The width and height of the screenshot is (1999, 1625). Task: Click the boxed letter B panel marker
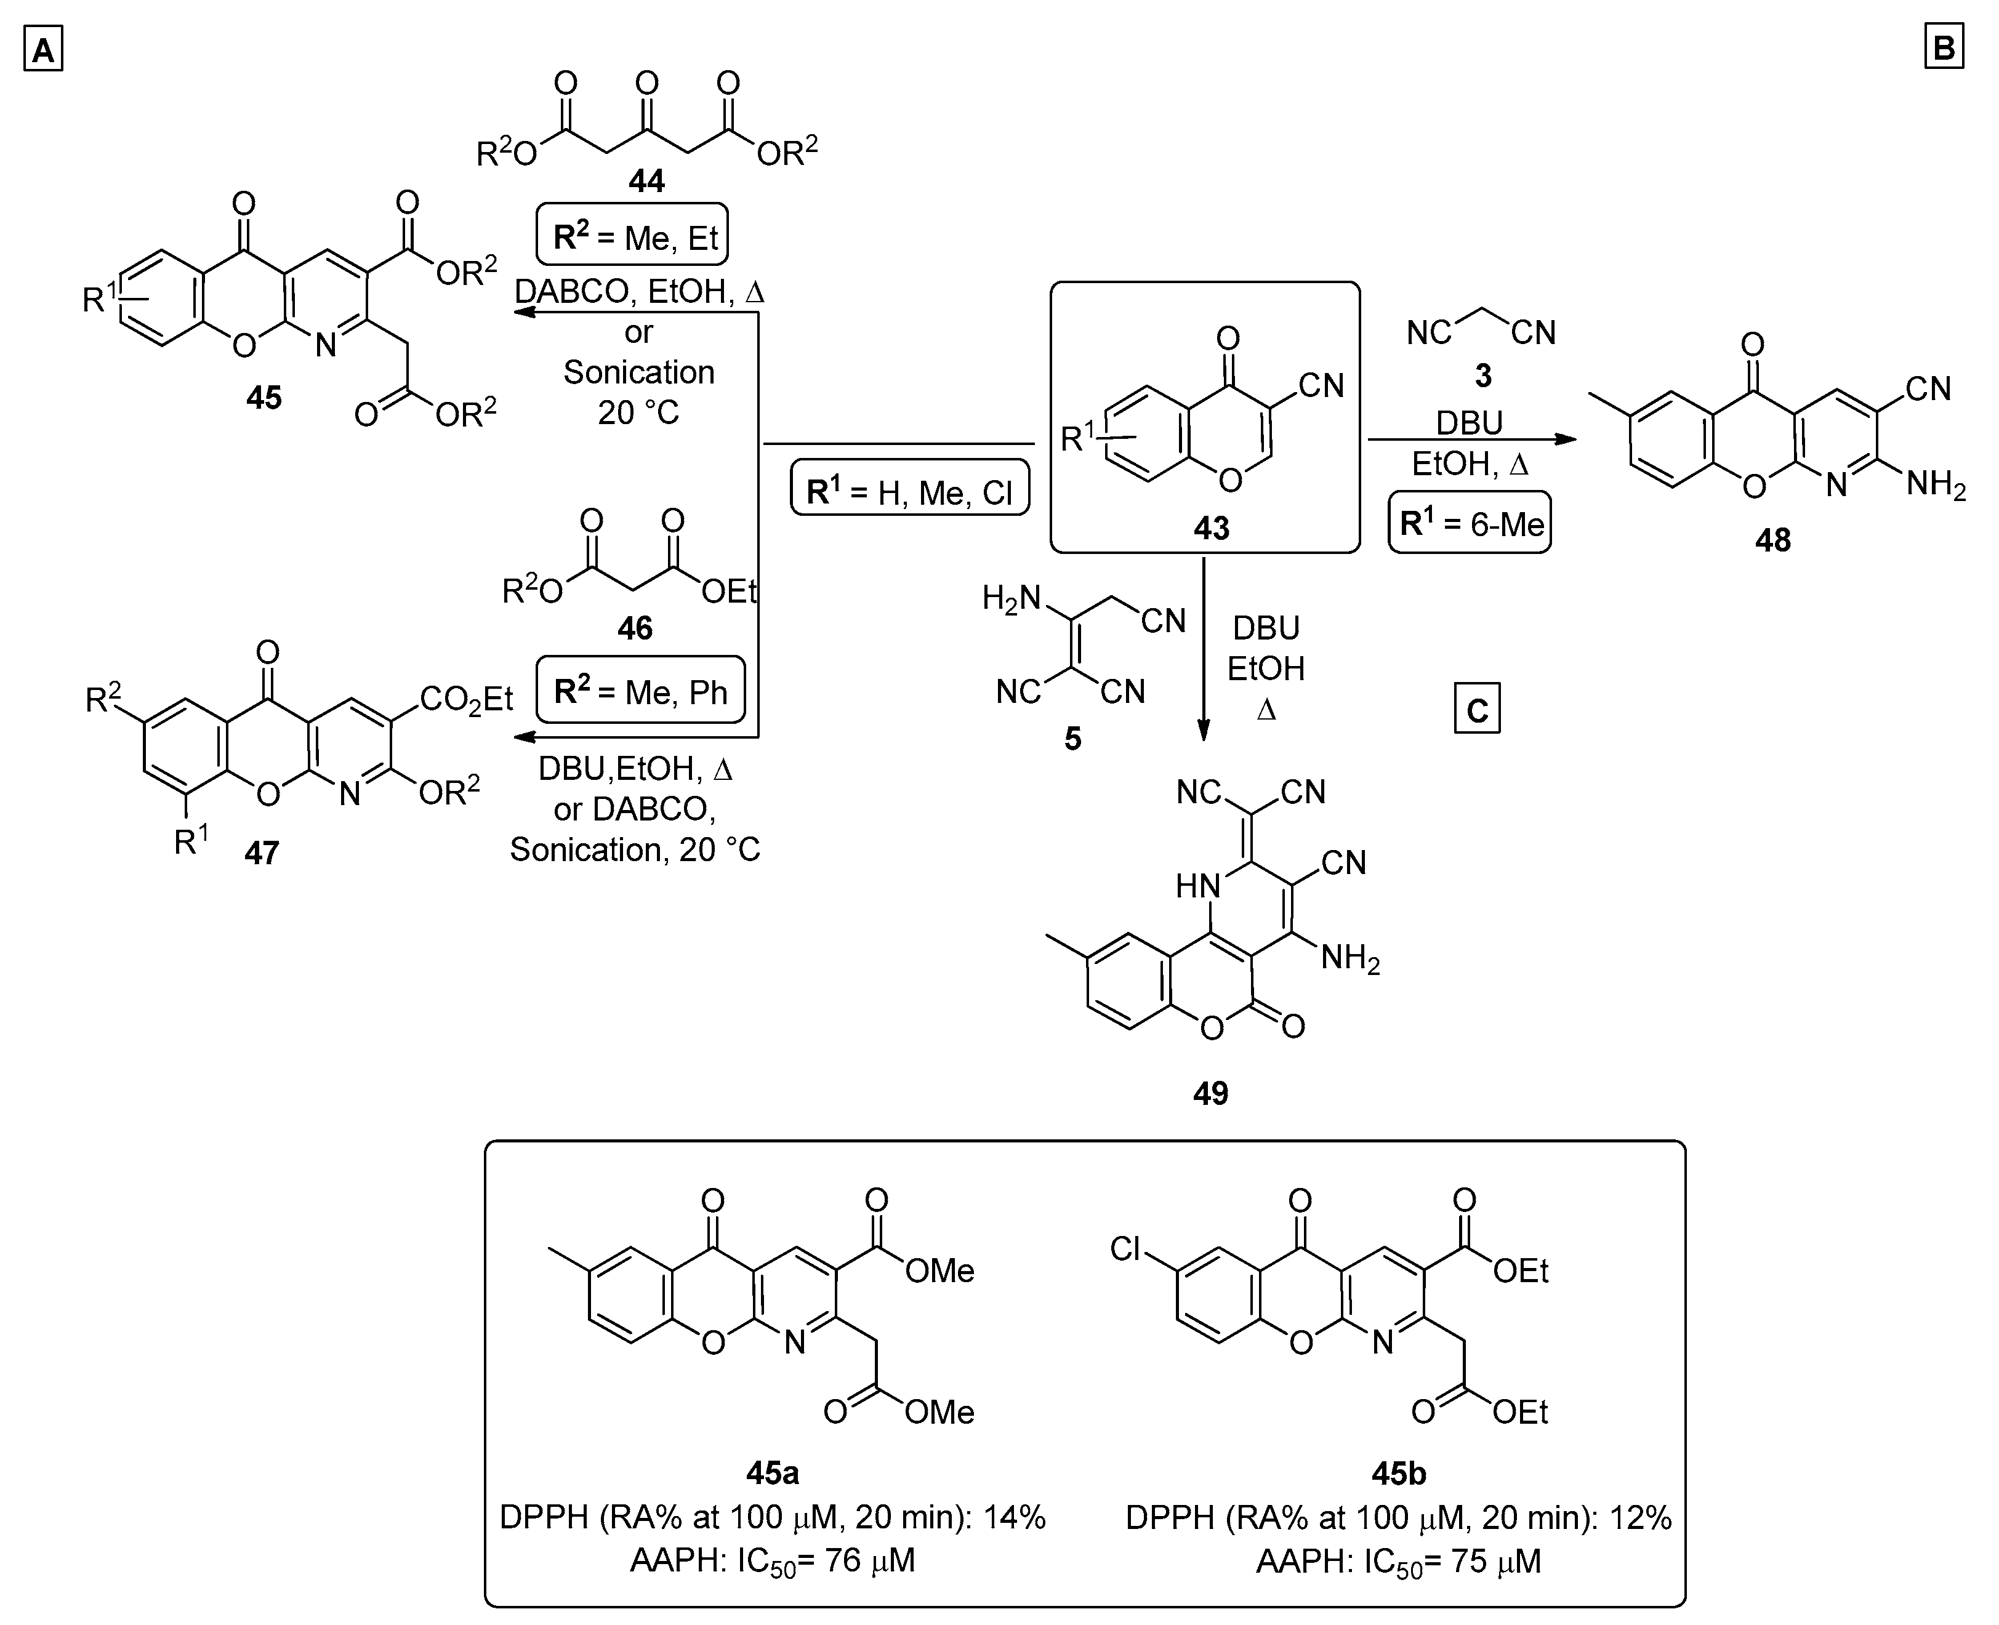1943,47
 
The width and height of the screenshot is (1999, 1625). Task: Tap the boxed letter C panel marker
1476,710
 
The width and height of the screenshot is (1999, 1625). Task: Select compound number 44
646,181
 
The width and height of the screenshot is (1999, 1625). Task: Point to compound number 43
1210,529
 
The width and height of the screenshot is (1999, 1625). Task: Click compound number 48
1772,540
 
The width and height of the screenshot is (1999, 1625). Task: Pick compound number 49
1210,1093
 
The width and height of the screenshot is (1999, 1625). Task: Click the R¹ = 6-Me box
1470,523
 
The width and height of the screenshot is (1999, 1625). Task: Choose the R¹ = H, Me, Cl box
910,489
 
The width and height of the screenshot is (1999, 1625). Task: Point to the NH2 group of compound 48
1936,486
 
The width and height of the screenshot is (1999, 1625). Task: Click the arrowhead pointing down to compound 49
1204,731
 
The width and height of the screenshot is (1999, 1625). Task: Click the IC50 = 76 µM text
773,1560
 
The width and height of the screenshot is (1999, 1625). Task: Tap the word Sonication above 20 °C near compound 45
638,372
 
